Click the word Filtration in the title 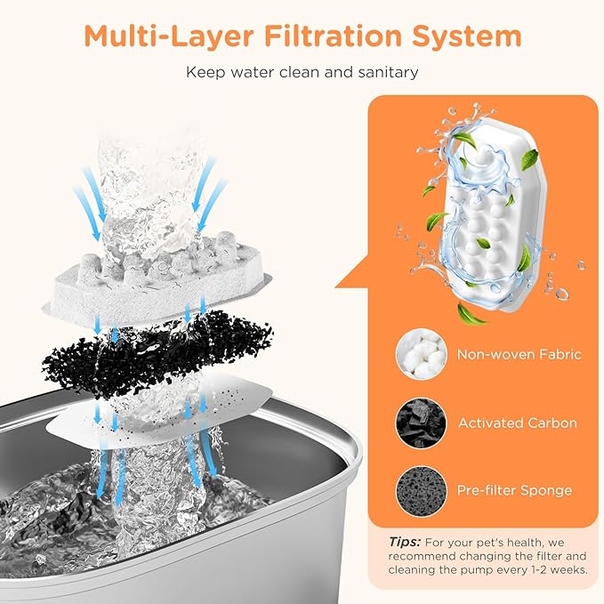[333, 36]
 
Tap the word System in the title [467, 37]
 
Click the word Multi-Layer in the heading [169, 37]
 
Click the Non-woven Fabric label [519, 354]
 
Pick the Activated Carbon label [518, 423]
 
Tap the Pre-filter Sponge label [514, 490]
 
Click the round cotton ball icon [422, 354]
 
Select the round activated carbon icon [422, 423]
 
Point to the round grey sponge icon [422, 491]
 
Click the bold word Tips [405, 543]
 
